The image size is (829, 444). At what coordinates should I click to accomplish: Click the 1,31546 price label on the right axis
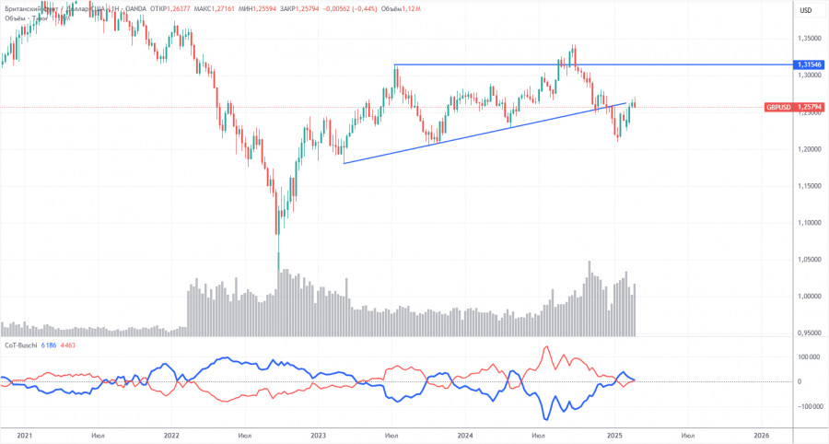pos(810,65)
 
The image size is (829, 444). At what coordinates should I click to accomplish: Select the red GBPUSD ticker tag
pos(778,108)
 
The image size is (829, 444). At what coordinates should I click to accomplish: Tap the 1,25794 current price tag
pos(810,108)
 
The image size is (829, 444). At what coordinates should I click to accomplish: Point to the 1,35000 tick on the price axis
pos(809,39)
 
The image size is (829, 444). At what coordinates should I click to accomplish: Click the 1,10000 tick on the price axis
pos(809,223)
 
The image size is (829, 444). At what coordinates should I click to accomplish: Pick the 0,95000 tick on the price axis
pos(809,333)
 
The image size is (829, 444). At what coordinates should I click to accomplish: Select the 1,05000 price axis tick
pos(809,260)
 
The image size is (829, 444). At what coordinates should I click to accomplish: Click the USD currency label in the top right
pos(806,10)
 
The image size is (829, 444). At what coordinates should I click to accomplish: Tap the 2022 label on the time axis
pos(171,434)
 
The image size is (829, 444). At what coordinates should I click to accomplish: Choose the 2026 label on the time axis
pos(761,434)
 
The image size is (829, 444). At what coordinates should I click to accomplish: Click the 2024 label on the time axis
pos(465,434)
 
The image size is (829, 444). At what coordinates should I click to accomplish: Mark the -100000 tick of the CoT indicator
pos(807,405)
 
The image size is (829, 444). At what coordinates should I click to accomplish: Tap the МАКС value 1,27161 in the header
pos(228,10)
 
